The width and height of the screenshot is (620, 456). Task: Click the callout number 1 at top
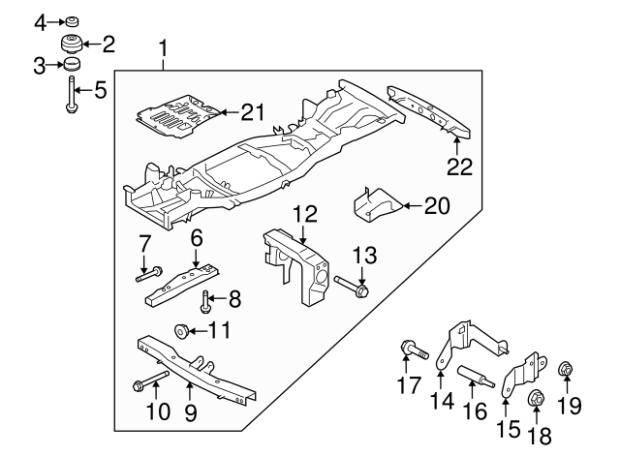tap(164, 46)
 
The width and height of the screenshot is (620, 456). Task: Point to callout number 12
tap(305, 212)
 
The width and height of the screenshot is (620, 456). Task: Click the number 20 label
tap(438, 204)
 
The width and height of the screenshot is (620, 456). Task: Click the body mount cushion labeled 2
tap(71, 44)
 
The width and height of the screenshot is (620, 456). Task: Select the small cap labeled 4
tap(71, 20)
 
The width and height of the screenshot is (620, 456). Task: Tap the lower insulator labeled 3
tap(71, 66)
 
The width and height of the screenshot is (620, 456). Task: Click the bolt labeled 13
tap(352, 286)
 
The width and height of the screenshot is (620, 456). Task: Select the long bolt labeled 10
tap(151, 380)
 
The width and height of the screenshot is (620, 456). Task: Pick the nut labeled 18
tap(534, 397)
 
